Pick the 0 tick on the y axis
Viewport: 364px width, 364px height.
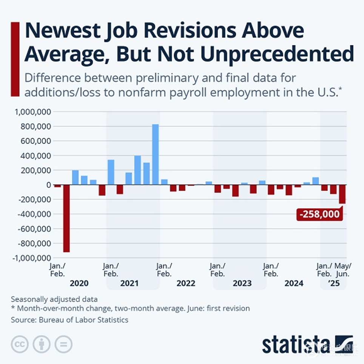coord(49,185)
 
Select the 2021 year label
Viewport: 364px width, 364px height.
coord(129,283)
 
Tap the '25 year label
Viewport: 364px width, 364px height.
coord(334,283)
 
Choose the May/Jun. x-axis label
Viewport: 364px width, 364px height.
coord(343,269)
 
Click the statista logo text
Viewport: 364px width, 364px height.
coord(296,344)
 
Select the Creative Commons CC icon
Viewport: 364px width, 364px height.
coord(20,344)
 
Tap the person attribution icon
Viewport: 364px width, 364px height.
coord(42,344)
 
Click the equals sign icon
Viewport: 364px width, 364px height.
coord(63,344)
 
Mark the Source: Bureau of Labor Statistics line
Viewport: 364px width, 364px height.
coord(70,320)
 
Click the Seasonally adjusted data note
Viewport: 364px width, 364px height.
coord(54,299)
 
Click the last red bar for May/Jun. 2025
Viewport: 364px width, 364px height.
coord(342,194)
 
